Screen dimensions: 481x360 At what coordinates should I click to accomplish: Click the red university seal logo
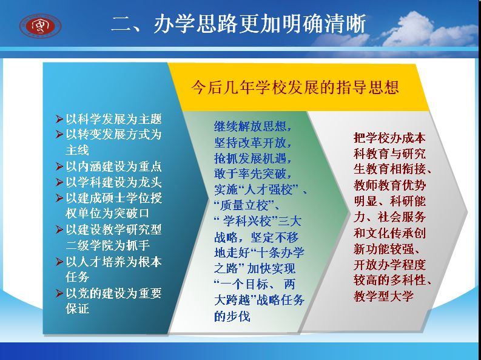(41, 25)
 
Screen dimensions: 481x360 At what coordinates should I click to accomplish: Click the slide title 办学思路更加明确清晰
(260, 24)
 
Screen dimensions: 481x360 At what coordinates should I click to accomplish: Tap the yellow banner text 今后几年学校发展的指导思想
(295, 87)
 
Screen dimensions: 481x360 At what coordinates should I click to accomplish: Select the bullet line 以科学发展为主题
(114, 119)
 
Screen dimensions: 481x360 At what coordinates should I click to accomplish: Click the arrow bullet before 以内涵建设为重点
(59, 166)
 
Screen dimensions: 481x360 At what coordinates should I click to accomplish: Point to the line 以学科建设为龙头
(114, 182)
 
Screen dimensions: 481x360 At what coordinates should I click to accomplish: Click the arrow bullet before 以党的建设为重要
(59, 293)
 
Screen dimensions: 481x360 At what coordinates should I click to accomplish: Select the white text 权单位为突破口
(108, 213)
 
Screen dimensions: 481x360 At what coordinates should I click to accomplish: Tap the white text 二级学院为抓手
(108, 245)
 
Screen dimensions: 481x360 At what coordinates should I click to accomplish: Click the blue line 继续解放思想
(253, 126)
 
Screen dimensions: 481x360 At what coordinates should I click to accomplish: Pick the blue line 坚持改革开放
(253, 142)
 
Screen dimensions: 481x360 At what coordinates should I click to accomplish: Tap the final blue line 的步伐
(232, 316)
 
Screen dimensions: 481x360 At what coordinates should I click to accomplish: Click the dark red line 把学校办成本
(389, 138)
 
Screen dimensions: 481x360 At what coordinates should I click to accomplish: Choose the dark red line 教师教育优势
(389, 185)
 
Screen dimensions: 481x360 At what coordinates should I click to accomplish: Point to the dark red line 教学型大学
(383, 296)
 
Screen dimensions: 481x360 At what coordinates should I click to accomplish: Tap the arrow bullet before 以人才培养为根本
(59, 262)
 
